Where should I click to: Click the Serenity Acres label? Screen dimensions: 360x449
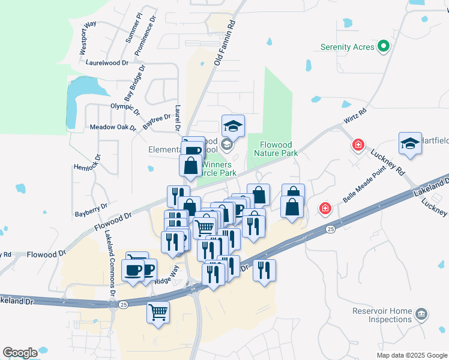tap(347, 47)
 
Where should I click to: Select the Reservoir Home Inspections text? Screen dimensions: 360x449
tap(382, 315)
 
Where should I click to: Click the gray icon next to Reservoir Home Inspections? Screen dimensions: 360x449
tap(421, 313)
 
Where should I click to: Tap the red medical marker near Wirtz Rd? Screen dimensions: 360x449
tap(358, 145)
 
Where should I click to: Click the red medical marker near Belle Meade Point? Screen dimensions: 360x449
tap(325, 208)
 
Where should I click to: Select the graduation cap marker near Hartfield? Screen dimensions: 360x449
tap(410, 144)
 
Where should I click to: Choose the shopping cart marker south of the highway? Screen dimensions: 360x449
tap(158, 311)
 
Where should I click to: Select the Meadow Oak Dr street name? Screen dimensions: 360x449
tap(113, 127)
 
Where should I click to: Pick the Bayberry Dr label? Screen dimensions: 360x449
tap(91, 209)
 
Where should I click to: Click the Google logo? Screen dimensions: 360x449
tap(20, 353)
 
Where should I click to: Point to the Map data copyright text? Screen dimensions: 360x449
tap(412, 355)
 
